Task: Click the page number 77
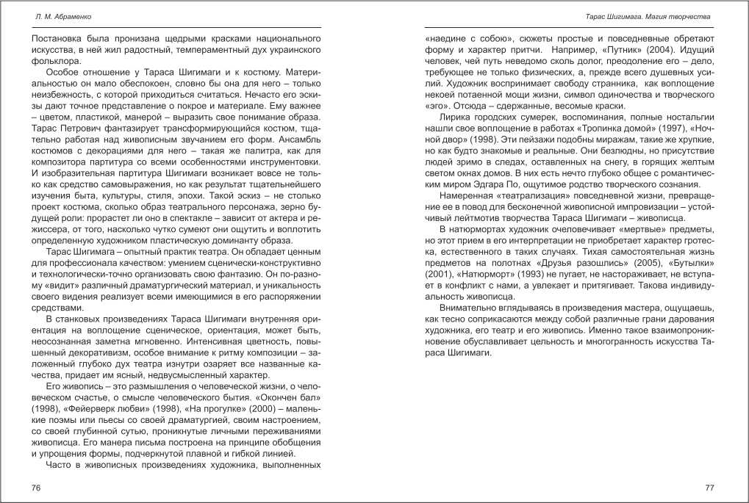tap(709, 488)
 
